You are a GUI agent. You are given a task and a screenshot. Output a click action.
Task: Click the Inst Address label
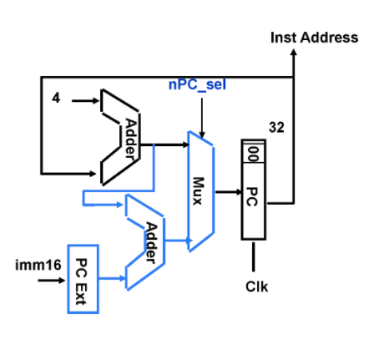[x=314, y=38]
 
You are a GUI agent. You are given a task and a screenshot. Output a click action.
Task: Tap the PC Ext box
[x=81, y=280]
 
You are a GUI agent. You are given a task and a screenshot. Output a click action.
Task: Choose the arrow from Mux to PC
[x=227, y=191]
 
